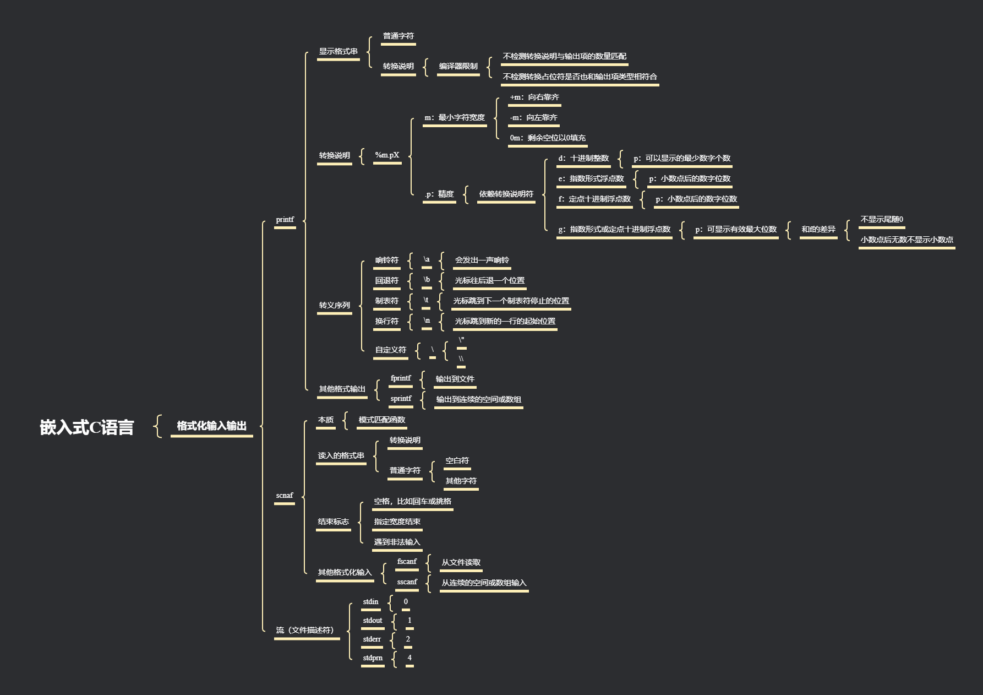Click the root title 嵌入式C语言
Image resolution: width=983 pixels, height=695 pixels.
87,427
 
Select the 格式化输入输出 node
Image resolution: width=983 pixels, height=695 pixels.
211,426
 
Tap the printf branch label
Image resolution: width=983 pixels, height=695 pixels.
285,219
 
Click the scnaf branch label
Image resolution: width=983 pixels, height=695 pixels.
285,496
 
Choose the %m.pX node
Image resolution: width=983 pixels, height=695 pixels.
387,155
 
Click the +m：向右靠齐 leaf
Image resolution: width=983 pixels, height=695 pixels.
534,97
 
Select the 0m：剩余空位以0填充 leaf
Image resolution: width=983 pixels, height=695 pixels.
547,138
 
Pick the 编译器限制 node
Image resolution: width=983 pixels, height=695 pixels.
458,66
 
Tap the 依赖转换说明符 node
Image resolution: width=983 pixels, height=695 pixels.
506,194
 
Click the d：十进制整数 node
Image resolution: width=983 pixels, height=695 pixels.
583,158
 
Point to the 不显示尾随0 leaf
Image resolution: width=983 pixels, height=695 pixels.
881,219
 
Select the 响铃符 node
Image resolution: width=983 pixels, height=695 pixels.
386,260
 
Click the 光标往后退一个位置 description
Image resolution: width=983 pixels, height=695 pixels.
489,280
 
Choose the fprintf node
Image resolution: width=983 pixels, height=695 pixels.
401,378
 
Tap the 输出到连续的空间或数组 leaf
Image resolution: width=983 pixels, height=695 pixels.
478,399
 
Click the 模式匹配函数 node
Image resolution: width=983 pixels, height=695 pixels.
381,420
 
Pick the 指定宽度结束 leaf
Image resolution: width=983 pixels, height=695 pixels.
397,522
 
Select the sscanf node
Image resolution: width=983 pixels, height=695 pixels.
407,582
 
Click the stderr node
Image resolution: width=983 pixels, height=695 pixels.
372,639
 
